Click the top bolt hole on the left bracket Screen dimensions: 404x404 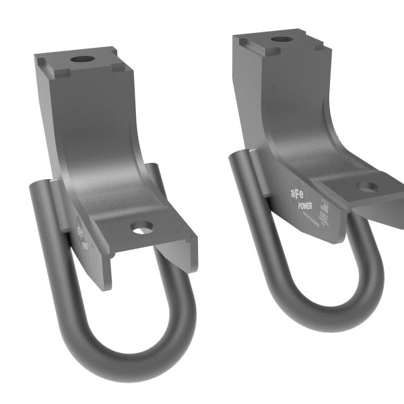[x=83, y=59]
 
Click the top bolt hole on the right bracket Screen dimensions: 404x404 [x=281, y=39]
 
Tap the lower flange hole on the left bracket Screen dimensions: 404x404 [x=143, y=228]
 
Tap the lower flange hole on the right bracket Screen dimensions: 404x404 [x=368, y=187]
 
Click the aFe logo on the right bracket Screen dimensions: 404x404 [x=298, y=194]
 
